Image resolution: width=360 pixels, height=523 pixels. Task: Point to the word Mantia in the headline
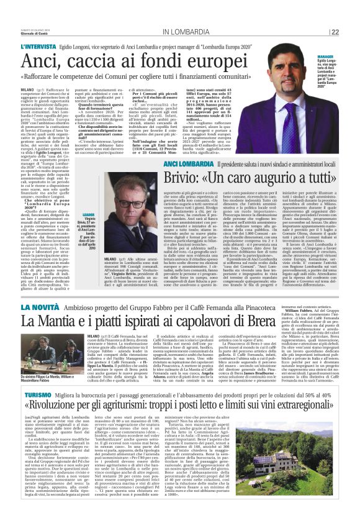click(61, 322)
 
